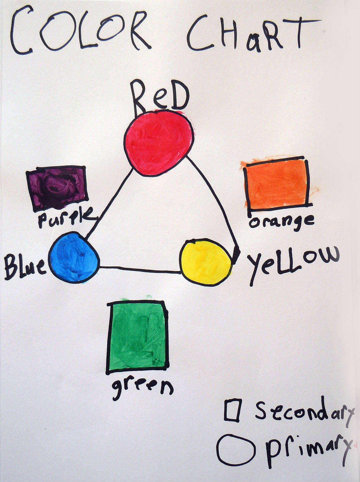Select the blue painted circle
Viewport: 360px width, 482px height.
tap(74, 258)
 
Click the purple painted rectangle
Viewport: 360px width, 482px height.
tap(57, 187)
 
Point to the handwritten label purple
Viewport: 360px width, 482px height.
tap(66, 218)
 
